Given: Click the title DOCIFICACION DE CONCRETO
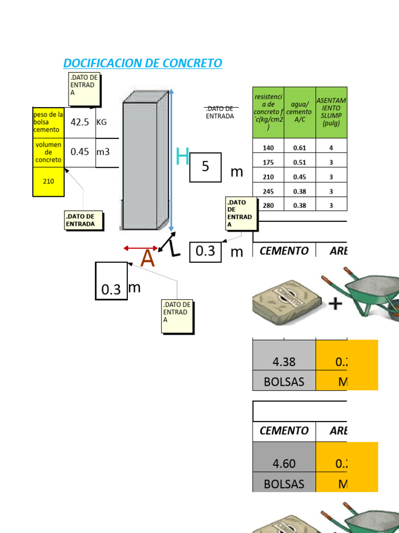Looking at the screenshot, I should pyautogui.click(x=142, y=64).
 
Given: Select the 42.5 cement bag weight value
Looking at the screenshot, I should pyautogui.click(x=79, y=122).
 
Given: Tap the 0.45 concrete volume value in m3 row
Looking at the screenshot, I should pyautogui.click(x=80, y=152).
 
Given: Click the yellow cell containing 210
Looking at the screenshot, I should pyautogui.click(x=48, y=182).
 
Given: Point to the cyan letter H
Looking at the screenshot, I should pyautogui.click(x=182, y=157).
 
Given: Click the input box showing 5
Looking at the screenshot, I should pyautogui.click(x=205, y=167).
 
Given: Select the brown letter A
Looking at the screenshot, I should pyautogui.click(x=148, y=259).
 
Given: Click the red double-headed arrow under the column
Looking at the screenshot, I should pyautogui.click(x=141, y=249).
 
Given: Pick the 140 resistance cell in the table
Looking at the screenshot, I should pyautogui.click(x=268, y=148).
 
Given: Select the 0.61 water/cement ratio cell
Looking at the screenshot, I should pyautogui.click(x=300, y=148).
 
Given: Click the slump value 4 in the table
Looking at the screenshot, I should pyautogui.click(x=331, y=148).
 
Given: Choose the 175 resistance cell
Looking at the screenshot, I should pyautogui.click(x=268, y=162).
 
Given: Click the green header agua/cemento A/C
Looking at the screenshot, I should pyautogui.click(x=300, y=112).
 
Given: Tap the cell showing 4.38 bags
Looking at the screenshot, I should pyautogui.click(x=284, y=362).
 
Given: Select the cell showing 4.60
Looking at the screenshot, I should pyautogui.click(x=284, y=464).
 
